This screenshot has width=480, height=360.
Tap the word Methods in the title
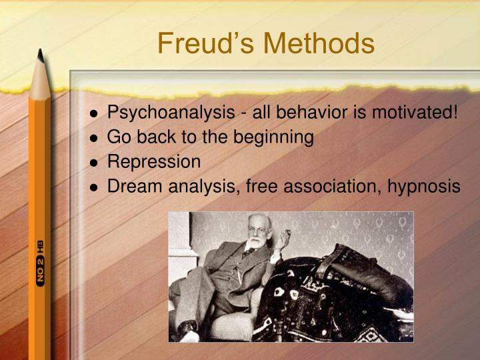(x=319, y=44)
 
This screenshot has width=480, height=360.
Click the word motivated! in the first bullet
(x=416, y=113)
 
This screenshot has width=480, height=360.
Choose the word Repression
(x=153, y=162)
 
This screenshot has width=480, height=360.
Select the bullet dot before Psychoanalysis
(x=95, y=114)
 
